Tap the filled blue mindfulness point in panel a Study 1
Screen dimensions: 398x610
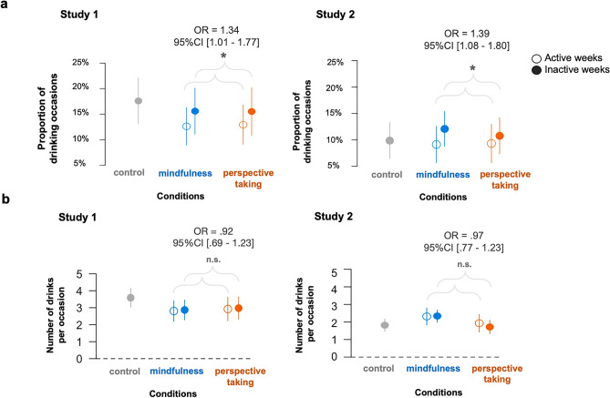[x=194, y=111]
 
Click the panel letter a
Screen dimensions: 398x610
[x=5, y=5]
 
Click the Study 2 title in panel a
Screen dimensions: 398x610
[x=336, y=15]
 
